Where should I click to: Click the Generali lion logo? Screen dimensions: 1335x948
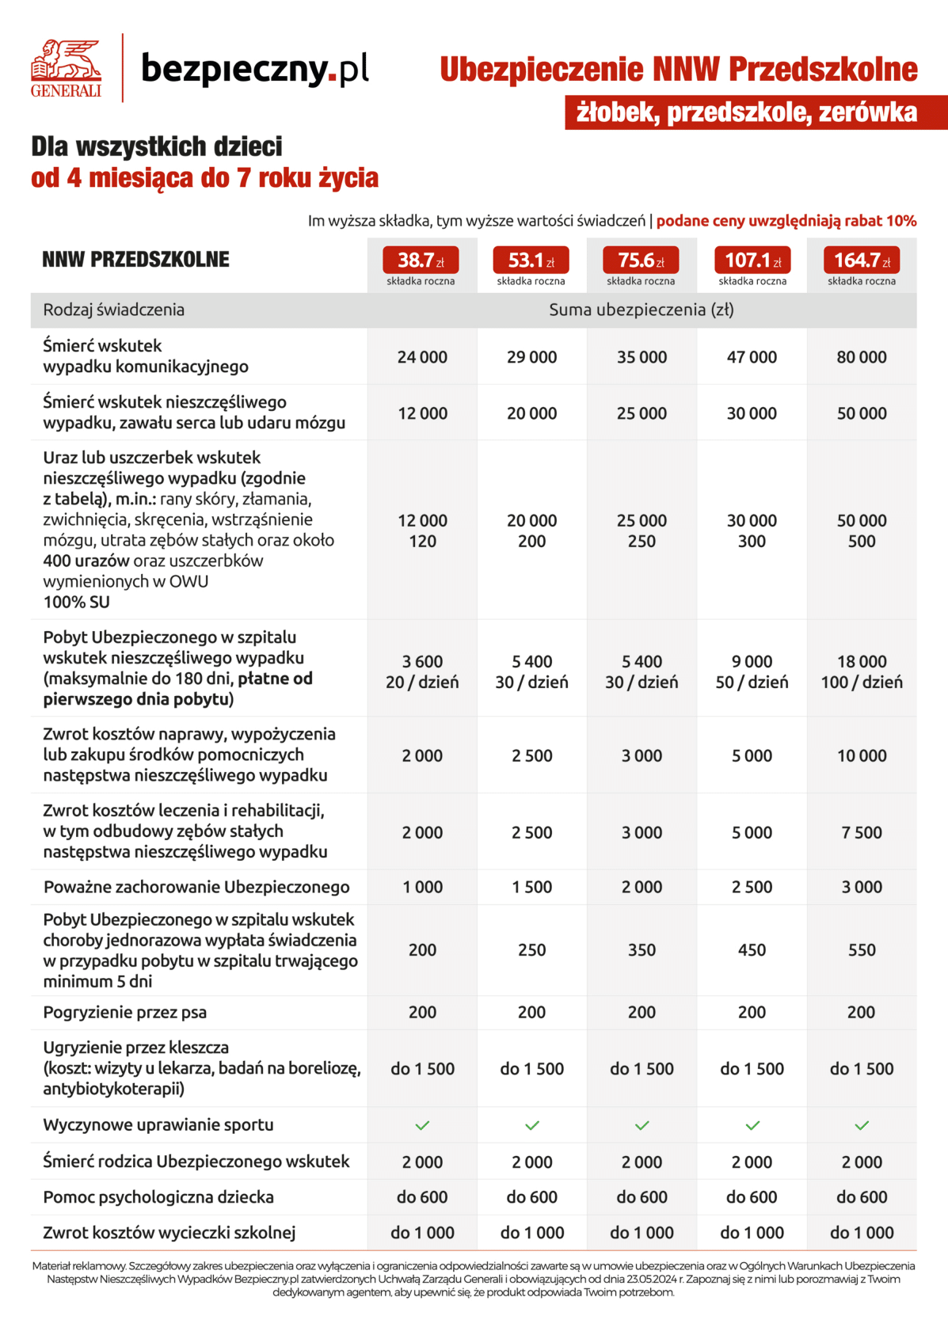click(x=66, y=67)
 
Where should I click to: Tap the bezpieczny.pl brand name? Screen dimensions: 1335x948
click(x=254, y=69)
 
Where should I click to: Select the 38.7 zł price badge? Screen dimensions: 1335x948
click(x=421, y=260)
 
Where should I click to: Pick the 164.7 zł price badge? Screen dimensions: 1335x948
click(x=861, y=260)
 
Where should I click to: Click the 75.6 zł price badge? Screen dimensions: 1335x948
click(x=641, y=260)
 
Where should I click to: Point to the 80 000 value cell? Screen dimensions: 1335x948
click(x=862, y=357)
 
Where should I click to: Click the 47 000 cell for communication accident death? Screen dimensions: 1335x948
click(x=752, y=357)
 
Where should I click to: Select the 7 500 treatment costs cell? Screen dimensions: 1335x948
click(x=862, y=832)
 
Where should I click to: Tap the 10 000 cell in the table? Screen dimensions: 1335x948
click(x=862, y=755)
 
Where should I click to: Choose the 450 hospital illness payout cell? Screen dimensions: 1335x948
click(x=752, y=949)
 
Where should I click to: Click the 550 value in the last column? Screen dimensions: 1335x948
click(x=862, y=949)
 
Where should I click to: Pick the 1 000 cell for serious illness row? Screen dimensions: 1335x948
click(x=422, y=887)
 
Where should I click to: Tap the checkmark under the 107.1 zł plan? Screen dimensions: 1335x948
click(x=752, y=1125)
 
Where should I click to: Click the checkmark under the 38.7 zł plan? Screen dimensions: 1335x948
click(x=422, y=1125)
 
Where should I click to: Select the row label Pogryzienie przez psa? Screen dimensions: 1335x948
click(x=124, y=1012)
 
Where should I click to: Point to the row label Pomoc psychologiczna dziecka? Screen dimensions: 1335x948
click(x=158, y=1196)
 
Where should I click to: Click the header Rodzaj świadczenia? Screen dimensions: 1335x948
click(x=113, y=310)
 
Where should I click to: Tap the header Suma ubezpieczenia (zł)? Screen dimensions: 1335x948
click(x=641, y=310)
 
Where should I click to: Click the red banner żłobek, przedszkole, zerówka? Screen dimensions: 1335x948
click(x=746, y=112)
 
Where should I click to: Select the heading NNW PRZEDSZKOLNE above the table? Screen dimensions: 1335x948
click(x=135, y=260)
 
